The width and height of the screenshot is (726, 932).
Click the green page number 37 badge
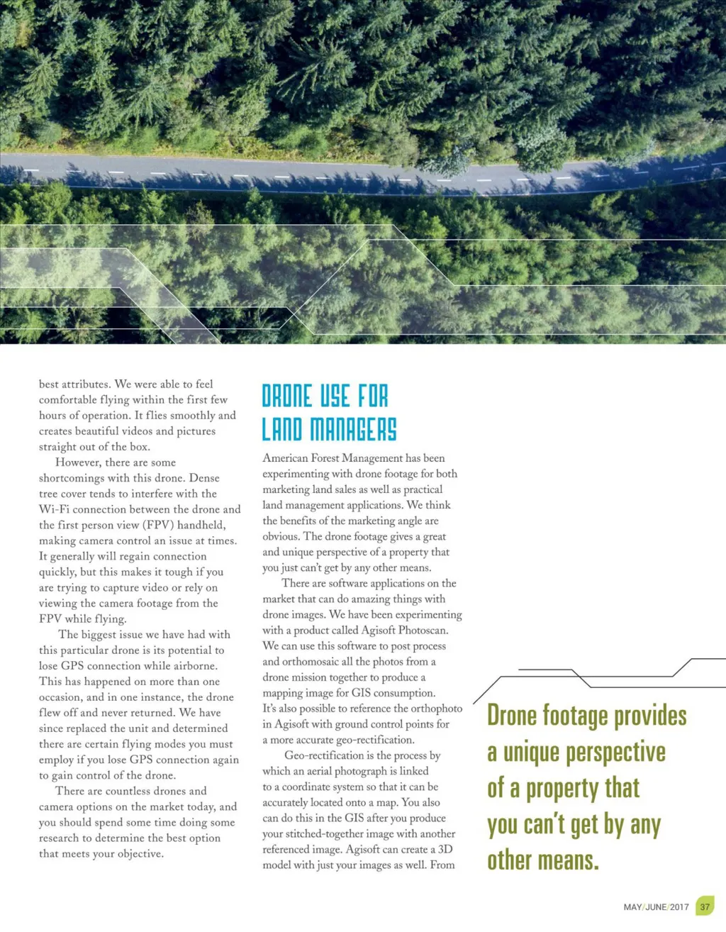[705, 906]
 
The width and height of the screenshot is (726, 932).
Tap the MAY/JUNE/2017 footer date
[656, 907]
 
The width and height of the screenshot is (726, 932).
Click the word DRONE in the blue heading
[287, 396]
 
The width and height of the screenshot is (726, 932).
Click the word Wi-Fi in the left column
[54, 509]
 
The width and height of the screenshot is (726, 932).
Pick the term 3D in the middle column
[445, 849]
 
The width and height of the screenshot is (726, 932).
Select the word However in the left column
[78, 462]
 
